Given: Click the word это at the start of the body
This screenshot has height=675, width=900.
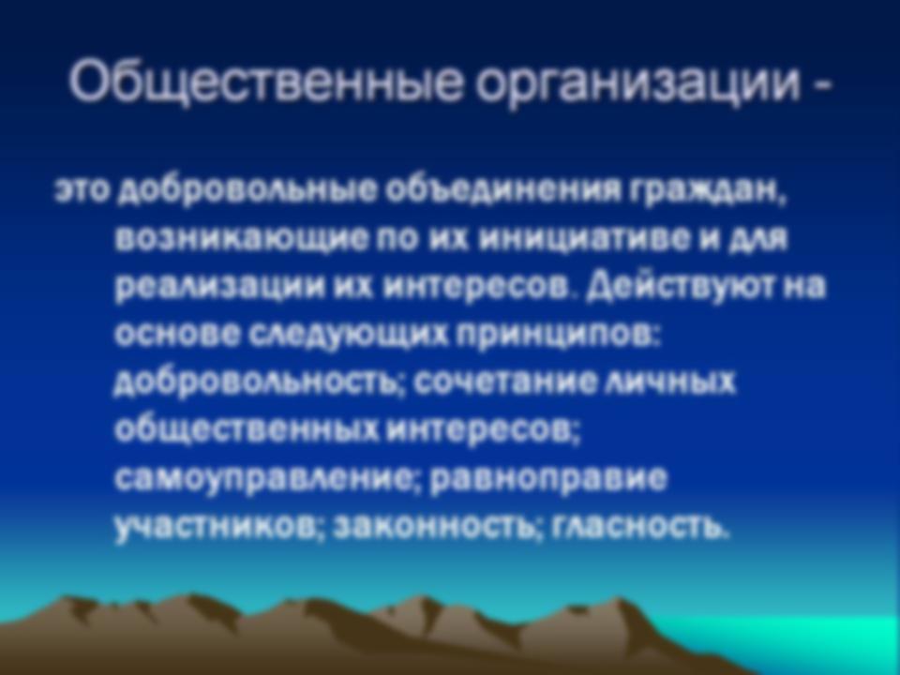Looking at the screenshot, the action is [x=82, y=190].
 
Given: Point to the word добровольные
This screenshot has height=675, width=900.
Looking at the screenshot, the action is [x=247, y=190].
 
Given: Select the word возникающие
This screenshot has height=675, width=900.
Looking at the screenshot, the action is [x=241, y=239].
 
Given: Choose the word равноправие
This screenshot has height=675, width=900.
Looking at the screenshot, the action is [x=548, y=479].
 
